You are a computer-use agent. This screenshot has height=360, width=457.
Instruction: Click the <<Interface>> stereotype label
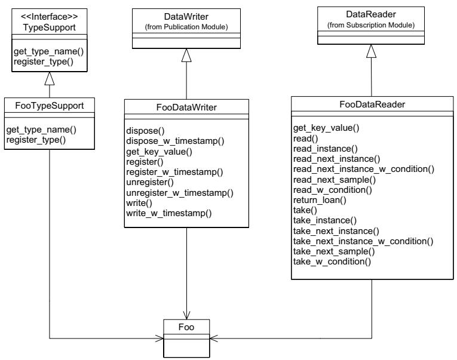tap(49, 17)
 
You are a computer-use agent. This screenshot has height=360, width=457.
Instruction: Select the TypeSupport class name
tap(49, 27)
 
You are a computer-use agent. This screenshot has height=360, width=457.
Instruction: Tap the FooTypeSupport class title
tap(49, 106)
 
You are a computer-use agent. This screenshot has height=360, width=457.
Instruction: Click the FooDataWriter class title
tap(186, 107)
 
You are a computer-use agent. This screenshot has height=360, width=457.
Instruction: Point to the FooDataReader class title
tap(372, 104)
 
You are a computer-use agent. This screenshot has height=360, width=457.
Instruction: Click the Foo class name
tap(186, 327)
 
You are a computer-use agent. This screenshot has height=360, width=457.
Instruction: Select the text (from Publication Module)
tap(186, 27)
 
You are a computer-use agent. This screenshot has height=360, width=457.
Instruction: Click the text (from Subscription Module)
tap(371, 25)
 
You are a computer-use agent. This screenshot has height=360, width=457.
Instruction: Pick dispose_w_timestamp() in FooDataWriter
tap(175, 141)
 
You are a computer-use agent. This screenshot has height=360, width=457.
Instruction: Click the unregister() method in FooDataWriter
tap(150, 182)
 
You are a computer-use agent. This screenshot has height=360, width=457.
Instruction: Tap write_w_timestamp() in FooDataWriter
tap(168, 213)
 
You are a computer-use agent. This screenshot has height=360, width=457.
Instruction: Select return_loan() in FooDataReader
tap(320, 200)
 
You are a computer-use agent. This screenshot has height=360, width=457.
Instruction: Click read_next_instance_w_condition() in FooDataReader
tap(364, 169)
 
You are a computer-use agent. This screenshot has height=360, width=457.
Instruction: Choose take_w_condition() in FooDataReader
tap(332, 261)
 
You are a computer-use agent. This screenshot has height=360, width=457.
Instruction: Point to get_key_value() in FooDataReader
tap(326, 128)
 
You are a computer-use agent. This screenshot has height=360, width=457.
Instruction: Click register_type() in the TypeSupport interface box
tap(44, 61)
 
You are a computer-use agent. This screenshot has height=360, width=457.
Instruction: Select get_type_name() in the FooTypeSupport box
tap(41, 130)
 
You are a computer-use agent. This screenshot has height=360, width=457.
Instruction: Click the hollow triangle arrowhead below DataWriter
tap(186, 56)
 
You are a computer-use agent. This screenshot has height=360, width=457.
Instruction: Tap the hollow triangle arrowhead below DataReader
tap(371, 51)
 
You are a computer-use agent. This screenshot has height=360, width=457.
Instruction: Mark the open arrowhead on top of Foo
tap(186, 315)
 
